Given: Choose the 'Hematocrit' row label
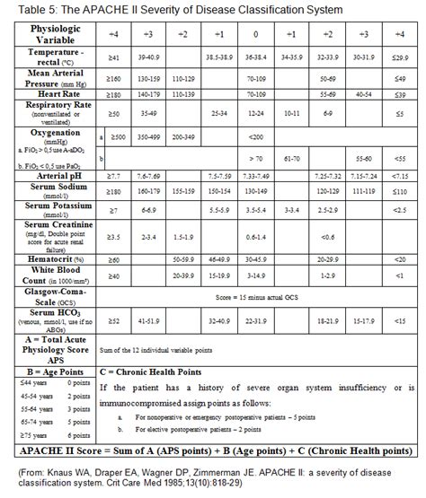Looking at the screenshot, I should tap(58, 258).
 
